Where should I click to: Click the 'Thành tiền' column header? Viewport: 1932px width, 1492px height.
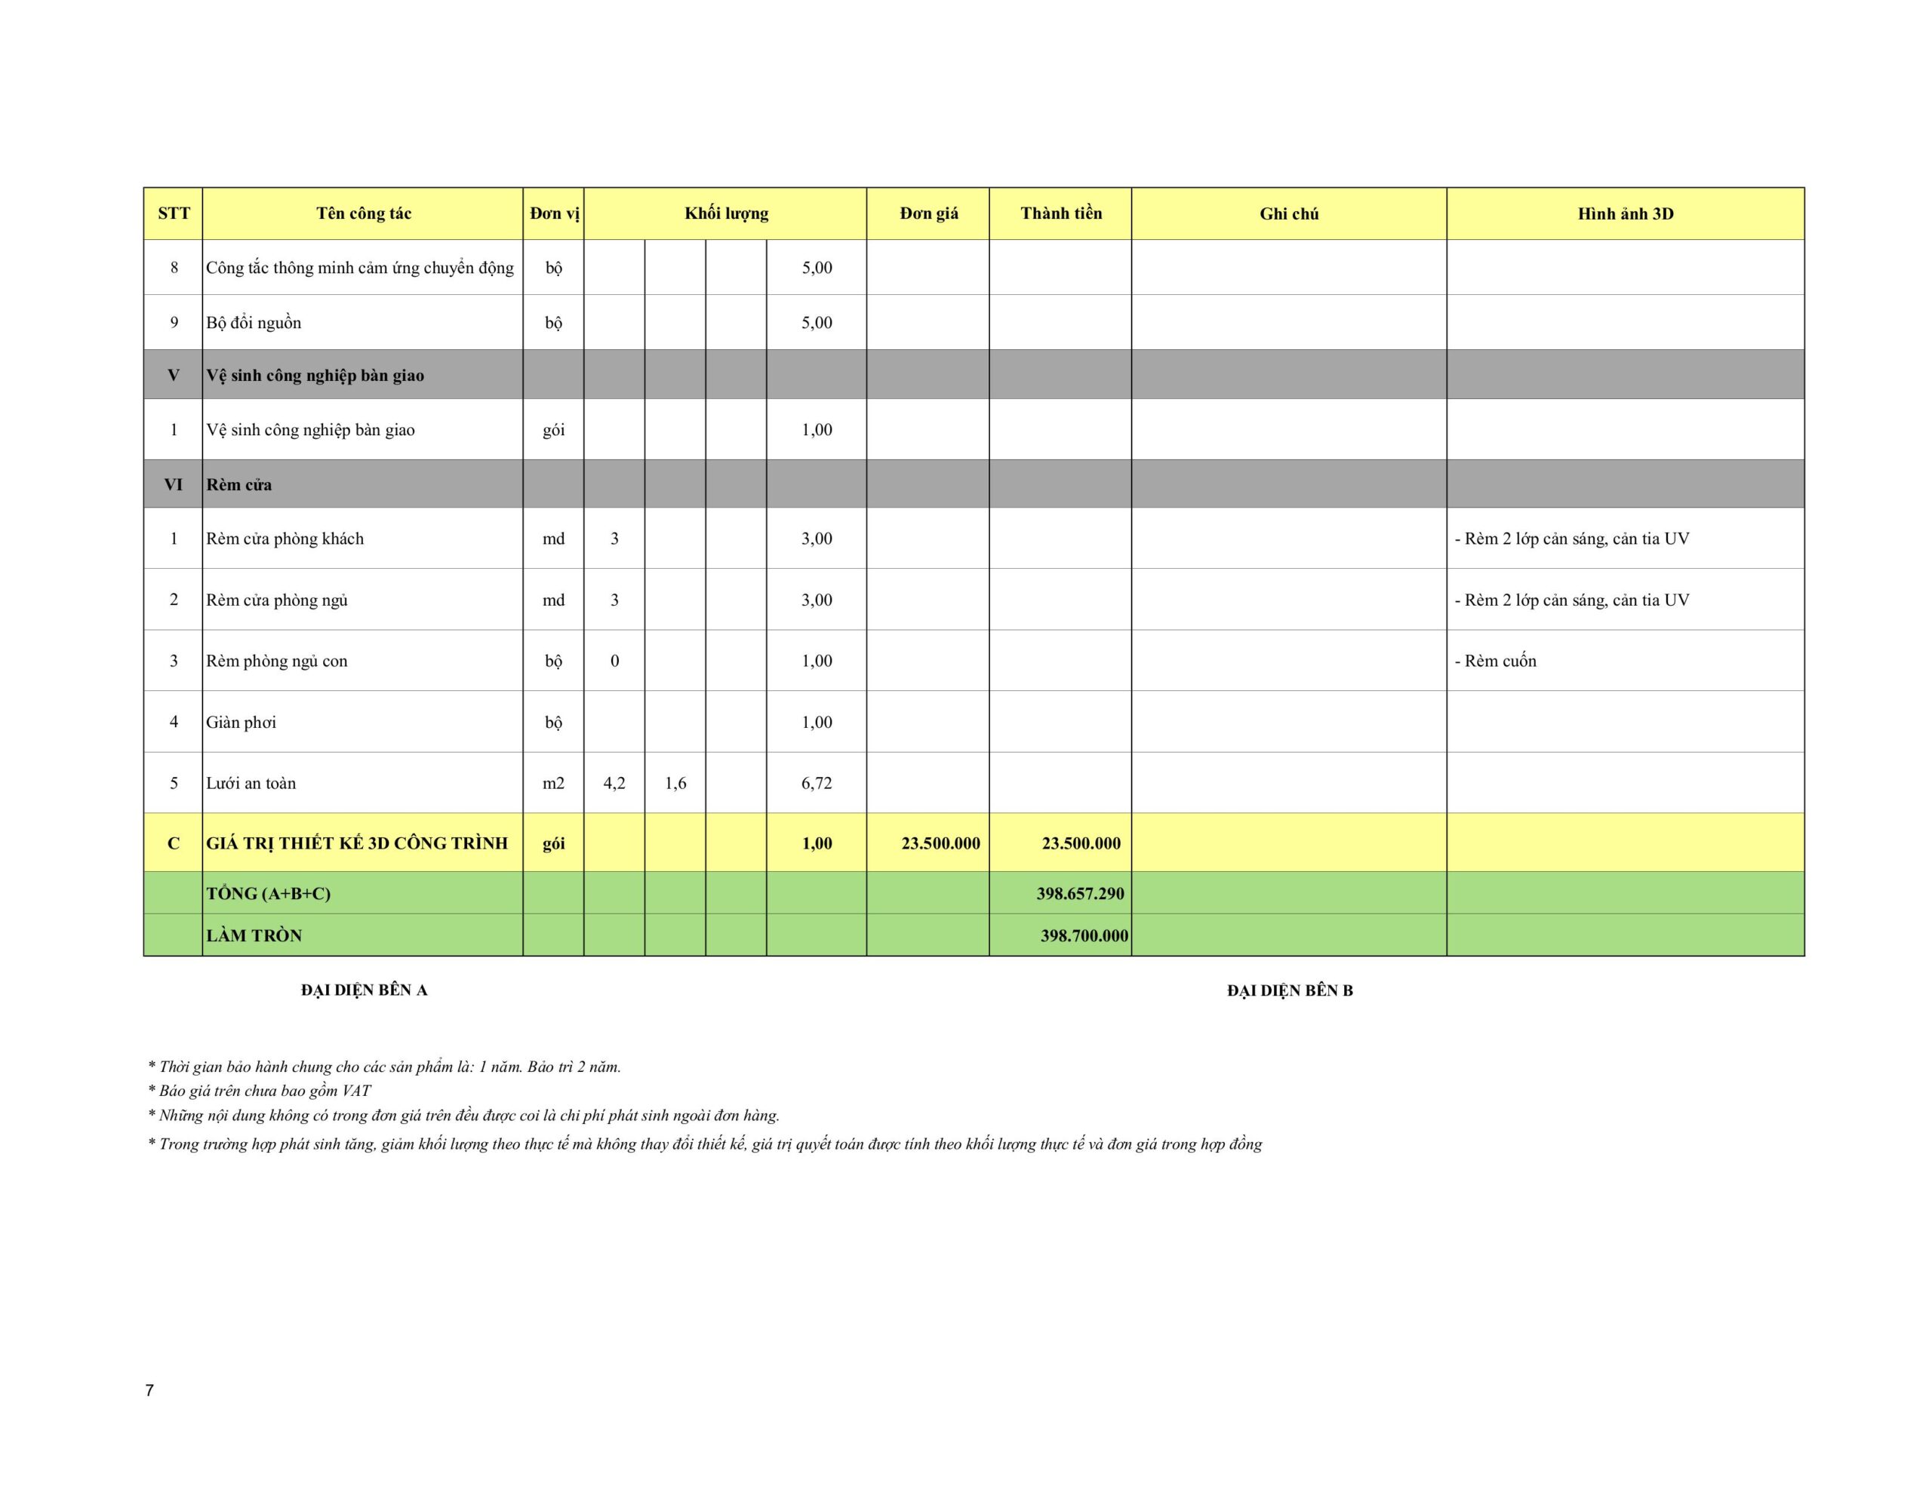tap(1060, 213)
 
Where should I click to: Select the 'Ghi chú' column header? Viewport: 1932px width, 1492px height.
tap(1289, 214)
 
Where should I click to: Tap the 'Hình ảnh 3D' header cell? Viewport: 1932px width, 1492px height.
tap(1625, 214)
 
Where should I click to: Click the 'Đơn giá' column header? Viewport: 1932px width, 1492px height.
tap(928, 213)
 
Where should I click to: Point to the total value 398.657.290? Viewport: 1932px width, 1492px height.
tap(1080, 893)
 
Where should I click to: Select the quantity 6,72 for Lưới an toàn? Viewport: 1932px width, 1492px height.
tap(817, 783)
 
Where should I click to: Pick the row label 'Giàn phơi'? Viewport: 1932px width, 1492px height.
tap(241, 723)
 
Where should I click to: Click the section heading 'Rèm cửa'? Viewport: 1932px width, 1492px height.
tap(238, 485)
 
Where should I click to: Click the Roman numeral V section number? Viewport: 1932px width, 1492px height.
tap(174, 375)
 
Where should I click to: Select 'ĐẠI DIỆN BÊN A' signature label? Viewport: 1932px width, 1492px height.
tap(364, 990)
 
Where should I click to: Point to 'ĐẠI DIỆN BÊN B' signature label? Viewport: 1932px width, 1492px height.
tap(1290, 990)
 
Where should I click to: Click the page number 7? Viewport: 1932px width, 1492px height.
tap(149, 1390)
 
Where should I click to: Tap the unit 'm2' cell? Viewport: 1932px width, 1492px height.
tap(553, 783)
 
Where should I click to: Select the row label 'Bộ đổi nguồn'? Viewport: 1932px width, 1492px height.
tap(254, 323)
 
